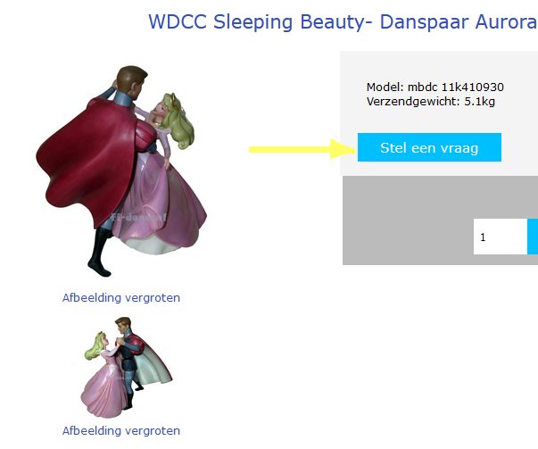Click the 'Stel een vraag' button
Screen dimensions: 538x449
pos(429,147)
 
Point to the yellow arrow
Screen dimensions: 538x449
pos(302,149)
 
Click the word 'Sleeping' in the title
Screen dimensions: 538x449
pos(252,22)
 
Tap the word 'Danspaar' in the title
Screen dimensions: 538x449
pos(424,22)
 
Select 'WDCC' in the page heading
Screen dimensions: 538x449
pos(178,21)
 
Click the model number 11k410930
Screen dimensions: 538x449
pos(473,87)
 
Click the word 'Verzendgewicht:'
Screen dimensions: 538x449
pos(413,102)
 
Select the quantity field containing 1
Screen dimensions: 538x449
pos(501,237)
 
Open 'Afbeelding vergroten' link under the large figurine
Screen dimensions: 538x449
pos(121,297)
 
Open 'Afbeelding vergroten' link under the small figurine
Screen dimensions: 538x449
pos(121,431)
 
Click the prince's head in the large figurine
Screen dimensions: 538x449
pos(130,82)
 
